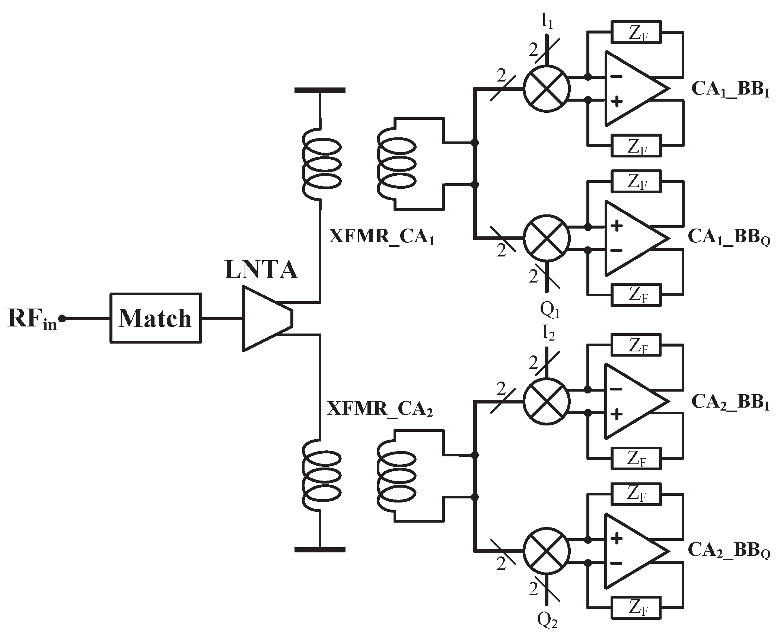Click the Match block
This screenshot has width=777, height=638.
point(156,318)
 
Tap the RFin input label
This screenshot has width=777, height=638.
point(32,319)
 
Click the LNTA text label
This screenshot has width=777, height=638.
point(261,270)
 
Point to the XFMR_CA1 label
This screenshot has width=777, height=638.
point(382,237)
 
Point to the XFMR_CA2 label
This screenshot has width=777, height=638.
point(380,409)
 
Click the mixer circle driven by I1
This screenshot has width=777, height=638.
point(546,89)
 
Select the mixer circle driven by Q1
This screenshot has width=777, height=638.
point(546,238)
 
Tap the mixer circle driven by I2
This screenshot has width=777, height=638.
point(546,401)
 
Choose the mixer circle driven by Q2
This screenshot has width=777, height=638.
point(546,551)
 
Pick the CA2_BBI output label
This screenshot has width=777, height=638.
point(730,402)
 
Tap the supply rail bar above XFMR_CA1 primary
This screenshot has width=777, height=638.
point(320,90)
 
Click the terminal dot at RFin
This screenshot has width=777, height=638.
point(63,319)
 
